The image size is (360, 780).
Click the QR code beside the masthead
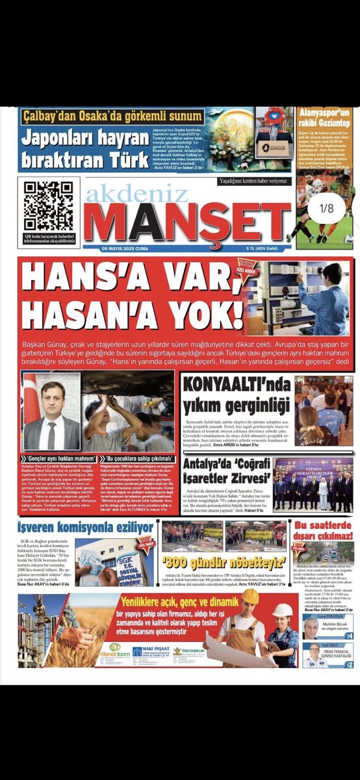(x=49, y=205)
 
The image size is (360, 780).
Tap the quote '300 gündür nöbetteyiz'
(x=224, y=560)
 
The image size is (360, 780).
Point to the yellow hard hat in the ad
(x=250, y=596)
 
